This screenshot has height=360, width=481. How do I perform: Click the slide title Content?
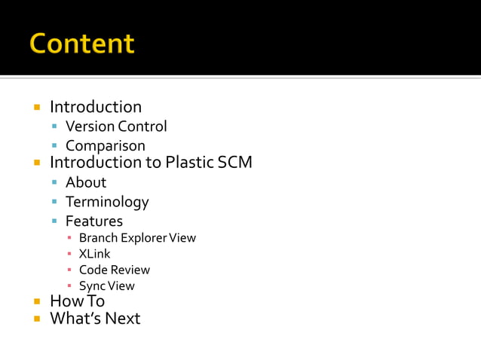point(82,43)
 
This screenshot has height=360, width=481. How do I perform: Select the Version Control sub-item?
point(116,127)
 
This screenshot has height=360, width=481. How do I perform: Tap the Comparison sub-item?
point(105,146)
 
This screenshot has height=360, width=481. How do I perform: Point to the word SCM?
point(234,163)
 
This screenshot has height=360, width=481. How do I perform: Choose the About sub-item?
point(86,182)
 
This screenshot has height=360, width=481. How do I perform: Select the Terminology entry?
point(107,202)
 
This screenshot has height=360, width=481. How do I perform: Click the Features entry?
point(93,221)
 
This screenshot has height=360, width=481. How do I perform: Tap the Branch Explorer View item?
point(137,238)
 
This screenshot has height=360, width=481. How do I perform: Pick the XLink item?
point(94,254)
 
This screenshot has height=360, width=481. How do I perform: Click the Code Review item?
point(114,270)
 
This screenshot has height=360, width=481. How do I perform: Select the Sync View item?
point(106,285)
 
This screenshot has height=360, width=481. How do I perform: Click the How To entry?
point(77,301)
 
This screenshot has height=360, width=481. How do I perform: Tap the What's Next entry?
point(95,319)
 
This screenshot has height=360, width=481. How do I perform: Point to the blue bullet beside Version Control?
point(55,127)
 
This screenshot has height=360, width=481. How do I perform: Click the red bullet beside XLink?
point(69,255)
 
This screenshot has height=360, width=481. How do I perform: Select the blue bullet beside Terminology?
point(55,203)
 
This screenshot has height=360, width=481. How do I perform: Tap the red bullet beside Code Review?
point(69,270)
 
